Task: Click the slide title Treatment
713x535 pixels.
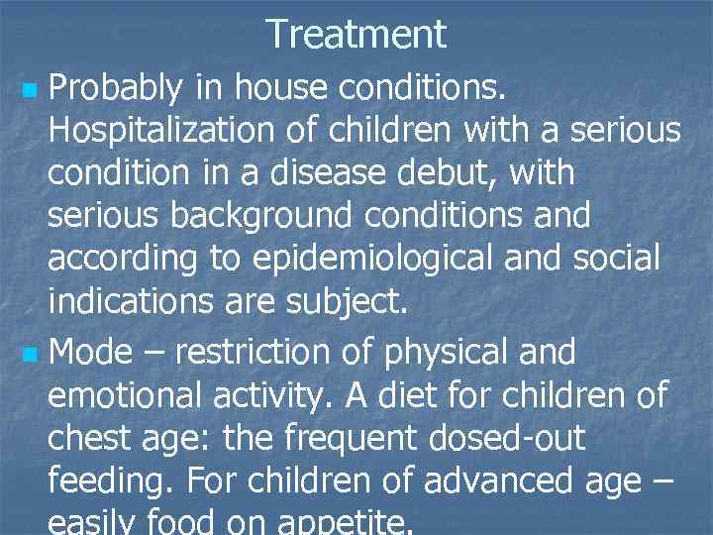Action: click(356, 35)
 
